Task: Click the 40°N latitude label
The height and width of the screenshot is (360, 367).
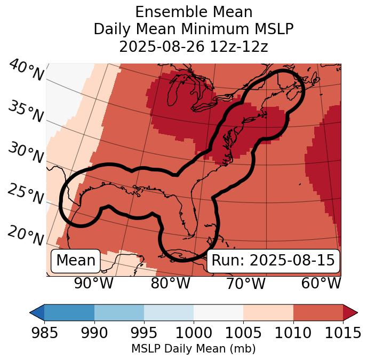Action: coord(26,71)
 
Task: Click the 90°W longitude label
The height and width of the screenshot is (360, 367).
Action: coord(94,284)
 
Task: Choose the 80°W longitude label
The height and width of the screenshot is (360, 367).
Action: coord(170,284)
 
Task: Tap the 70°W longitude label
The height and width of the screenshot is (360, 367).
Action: coord(245,284)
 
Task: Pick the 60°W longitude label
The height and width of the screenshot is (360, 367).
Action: coord(321,284)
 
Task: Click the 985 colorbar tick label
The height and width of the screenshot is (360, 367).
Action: coord(44,333)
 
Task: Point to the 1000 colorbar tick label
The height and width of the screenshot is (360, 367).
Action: coord(193,333)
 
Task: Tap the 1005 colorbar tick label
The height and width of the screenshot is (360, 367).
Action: coord(243,333)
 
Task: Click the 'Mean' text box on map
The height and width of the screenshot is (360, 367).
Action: coord(76,261)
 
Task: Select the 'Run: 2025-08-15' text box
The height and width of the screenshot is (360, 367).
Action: coord(273,261)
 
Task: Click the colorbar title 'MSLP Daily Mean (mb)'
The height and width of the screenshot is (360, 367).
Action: coord(193,349)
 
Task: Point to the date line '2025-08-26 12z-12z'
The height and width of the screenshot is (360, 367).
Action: coord(193,46)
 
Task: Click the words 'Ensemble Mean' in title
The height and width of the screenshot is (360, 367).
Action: coord(193,12)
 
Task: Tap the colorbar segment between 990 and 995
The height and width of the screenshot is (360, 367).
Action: coord(119,312)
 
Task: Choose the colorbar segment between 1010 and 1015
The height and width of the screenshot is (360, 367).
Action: coord(318,312)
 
